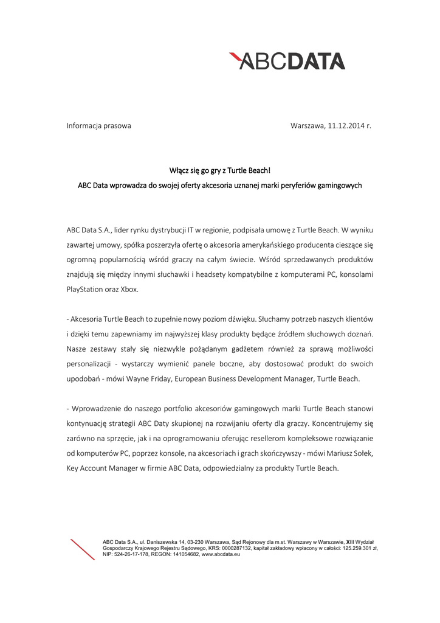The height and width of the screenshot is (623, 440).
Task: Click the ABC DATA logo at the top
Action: tap(287, 61)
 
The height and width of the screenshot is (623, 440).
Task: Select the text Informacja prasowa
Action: tap(98, 126)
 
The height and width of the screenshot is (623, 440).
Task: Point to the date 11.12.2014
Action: tap(346, 126)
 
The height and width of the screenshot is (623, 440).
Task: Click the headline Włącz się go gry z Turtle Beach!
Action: tap(219, 171)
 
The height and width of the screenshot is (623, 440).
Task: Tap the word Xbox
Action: tap(129, 289)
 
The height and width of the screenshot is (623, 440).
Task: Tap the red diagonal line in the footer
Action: tap(83, 549)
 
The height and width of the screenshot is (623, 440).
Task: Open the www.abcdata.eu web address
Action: tap(221, 554)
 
